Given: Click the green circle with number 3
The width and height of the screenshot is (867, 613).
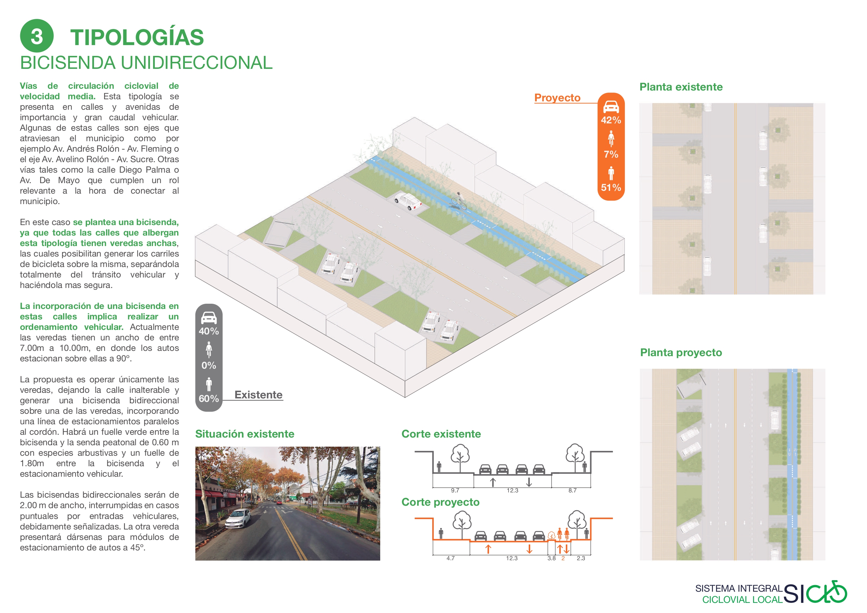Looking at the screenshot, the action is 37,36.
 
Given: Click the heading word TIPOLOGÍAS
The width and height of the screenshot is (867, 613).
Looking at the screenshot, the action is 137,37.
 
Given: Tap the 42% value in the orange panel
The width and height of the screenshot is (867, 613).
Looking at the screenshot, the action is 610,120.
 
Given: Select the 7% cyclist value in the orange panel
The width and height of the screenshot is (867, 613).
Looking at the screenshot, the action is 610,154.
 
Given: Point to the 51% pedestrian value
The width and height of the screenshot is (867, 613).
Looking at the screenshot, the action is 610,187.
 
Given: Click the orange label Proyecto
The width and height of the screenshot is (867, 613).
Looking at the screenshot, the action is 557,98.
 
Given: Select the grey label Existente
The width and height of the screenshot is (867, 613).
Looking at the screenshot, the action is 258,395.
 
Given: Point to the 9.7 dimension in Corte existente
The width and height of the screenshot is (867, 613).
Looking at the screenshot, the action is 455,490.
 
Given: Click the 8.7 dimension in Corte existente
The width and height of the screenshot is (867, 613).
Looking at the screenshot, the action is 572,490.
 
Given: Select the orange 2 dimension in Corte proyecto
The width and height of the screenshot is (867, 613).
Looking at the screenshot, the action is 563,558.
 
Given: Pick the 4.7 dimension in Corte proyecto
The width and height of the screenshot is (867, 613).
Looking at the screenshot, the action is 450,558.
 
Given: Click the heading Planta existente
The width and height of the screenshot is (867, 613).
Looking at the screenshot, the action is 681,87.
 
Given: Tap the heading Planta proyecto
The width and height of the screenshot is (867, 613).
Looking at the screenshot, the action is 680,352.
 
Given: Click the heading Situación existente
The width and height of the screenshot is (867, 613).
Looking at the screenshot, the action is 244,434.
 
